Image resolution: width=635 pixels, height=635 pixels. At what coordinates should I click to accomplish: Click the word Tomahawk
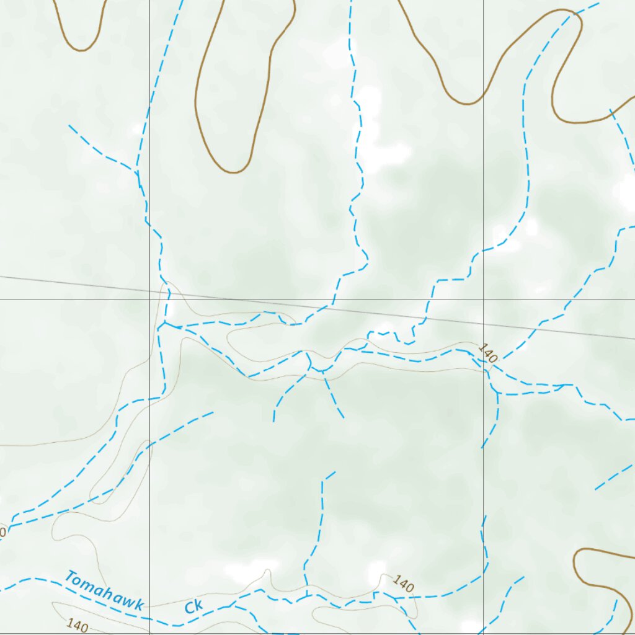pos(104,592)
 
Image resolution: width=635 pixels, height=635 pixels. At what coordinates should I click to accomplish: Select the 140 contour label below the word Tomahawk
pos(78,625)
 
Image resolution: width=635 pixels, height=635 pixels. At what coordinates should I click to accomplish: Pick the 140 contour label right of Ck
pos(404,585)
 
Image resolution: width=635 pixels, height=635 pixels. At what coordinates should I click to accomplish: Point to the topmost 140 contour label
pos(488,353)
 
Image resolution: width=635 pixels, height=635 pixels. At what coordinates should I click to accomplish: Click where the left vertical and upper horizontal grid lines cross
pos(149,300)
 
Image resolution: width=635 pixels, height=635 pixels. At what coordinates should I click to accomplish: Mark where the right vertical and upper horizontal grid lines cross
pos(484,300)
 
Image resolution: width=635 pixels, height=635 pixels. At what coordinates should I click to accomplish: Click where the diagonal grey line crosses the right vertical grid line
pos(484,324)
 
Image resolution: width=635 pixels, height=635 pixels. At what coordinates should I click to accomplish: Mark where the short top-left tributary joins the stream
pos(137,171)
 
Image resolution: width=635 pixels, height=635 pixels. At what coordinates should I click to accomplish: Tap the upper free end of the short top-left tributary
pos(69,126)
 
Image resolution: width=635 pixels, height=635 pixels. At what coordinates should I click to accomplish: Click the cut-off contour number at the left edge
pos(2,531)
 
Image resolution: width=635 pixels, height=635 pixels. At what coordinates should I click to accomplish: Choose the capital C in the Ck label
pos(189,607)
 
